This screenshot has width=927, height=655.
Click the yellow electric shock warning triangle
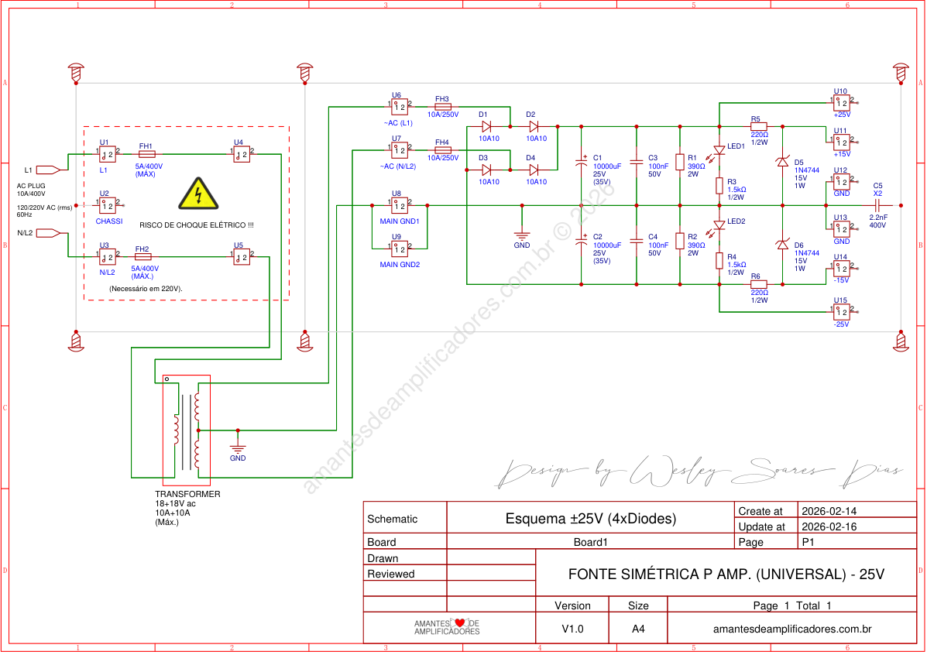[199, 194]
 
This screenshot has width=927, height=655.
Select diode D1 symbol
[486, 125]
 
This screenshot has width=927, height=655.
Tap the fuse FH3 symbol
[443, 107]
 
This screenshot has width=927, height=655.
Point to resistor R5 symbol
[758, 125]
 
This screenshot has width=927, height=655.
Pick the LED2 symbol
[719, 225]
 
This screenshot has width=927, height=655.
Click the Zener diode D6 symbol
[782, 245]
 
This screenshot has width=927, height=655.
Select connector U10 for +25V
[842, 101]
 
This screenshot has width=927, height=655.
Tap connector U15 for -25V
[842, 311]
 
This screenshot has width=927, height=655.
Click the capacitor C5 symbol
[877, 206]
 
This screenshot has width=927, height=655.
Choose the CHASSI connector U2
[109, 207]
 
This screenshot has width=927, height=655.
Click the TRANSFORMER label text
[187, 494]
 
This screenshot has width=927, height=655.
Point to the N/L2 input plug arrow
[49, 233]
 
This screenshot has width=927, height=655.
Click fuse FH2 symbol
[142, 257]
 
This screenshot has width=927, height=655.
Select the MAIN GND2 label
[400, 265]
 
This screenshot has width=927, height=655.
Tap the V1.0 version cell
[573, 629]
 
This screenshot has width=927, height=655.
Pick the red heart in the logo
[459, 623]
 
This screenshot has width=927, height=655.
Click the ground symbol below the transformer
[238, 448]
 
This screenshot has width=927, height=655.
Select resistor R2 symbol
[680, 241]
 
